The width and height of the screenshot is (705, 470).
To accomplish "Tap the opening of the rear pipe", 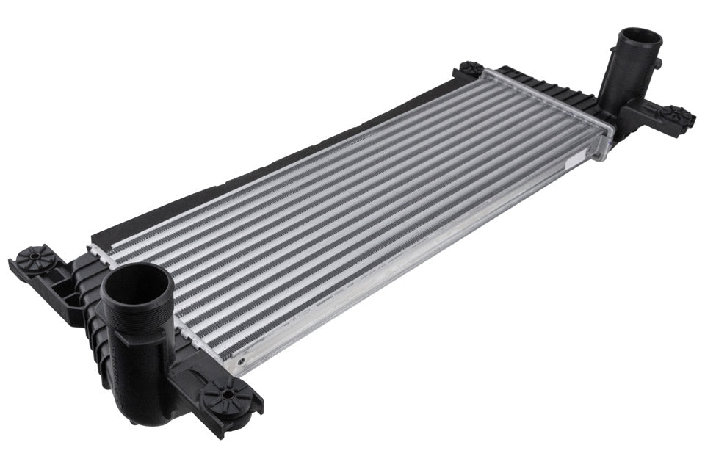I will tap(640, 39).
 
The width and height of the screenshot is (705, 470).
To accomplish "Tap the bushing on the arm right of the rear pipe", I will tap(673, 115).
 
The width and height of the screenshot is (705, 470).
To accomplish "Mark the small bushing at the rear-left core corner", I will tap(470, 69).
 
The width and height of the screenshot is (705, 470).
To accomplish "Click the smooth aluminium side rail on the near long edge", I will tap(411, 264).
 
